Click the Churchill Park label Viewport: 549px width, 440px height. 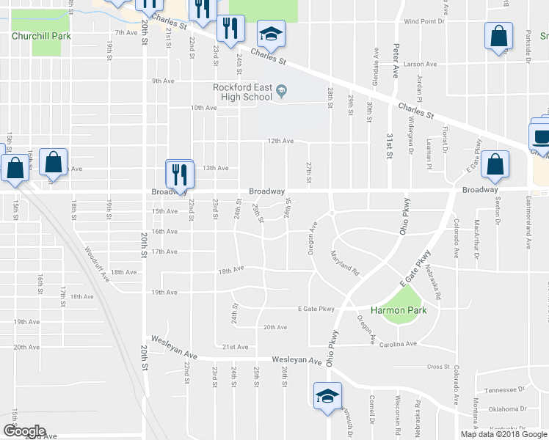pyautogui.click(x=41, y=35)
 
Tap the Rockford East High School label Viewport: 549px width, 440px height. pyautogui.click(x=242, y=92)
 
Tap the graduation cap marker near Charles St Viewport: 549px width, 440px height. pyautogui.click(x=271, y=34)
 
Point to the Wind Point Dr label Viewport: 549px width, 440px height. pyautogui.click(x=424, y=22)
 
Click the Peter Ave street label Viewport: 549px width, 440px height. pyautogui.click(x=396, y=62)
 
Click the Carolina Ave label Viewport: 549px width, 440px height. pyautogui.click(x=399, y=343)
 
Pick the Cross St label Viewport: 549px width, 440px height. pyautogui.click(x=438, y=367)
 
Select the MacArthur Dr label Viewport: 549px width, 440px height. pyautogui.click(x=477, y=238)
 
